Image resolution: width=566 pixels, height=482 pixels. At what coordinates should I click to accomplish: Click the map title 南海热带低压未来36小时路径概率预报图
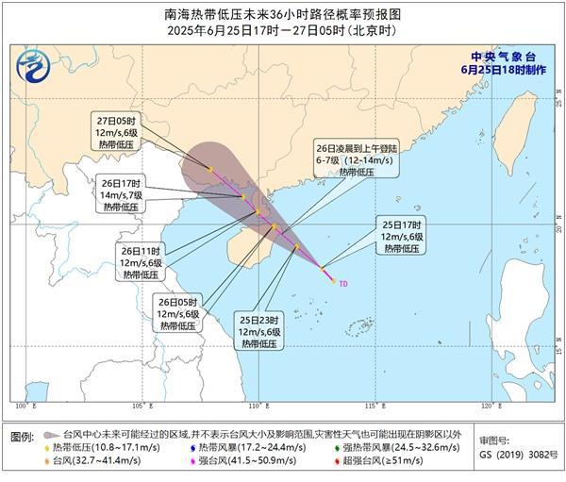283,14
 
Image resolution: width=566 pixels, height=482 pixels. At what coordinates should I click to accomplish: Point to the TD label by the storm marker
343,282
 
